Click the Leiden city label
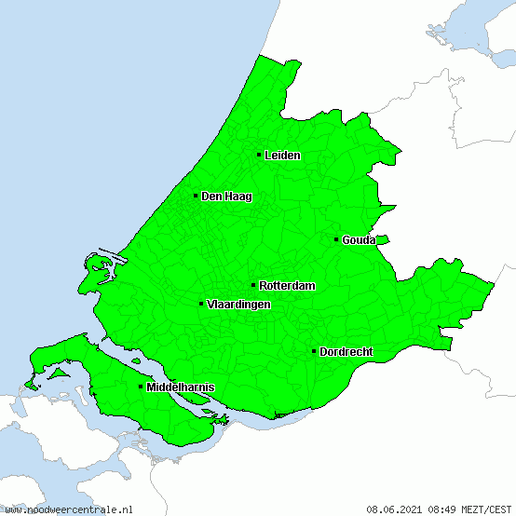click(x=282, y=156)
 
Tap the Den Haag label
click(x=226, y=197)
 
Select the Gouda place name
click(x=359, y=240)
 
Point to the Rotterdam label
click(x=287, y=286)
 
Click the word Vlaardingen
click(x=238, y=305)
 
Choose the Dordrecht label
click(x=346, y=352)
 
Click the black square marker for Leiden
click(x=259, y=155)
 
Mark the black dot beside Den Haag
click(x=196, y=196)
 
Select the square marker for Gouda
click(x=336, y=239)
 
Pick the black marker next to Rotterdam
click(x=253, y=285)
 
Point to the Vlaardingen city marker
click(x=201, y=304)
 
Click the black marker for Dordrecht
click(x=314, y=351)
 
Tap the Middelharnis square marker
click(x=141, y=387)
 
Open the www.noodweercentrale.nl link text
click(x=69, y=509)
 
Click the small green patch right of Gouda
click(x=382, y=239)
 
